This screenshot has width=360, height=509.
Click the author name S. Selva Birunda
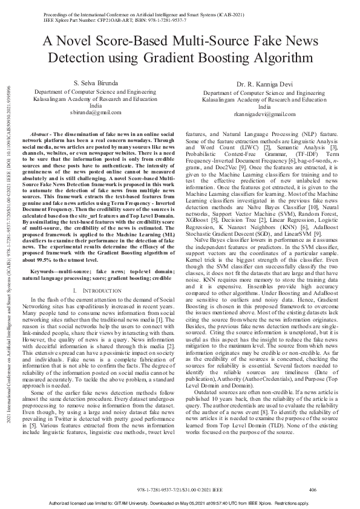point(96,82)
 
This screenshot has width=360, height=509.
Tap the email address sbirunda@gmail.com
point(96,112)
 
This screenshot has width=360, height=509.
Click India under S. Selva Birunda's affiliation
point(96,105)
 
